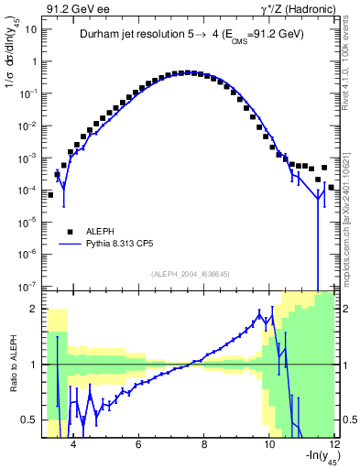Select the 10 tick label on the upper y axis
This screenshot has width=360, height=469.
pos(31,29)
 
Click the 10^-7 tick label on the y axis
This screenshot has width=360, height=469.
pos(29,286)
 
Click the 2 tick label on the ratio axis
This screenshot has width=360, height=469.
pos(35,309)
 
